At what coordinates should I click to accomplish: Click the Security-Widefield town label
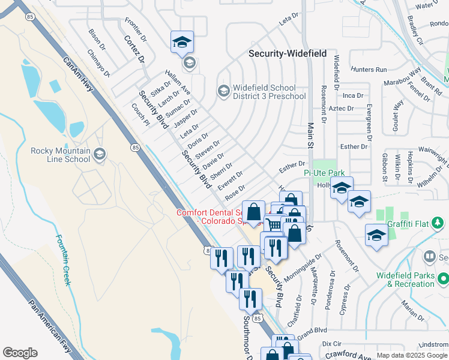[288, 53]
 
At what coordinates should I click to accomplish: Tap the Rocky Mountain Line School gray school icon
[99, 155]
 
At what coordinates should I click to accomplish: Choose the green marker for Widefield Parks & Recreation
[443, 278]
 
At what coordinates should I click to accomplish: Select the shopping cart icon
[274, 225]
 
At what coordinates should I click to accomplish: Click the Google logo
[20, 353]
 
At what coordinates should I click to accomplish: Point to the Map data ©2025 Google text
[412, 355]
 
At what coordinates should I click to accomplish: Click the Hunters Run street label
[370, 70]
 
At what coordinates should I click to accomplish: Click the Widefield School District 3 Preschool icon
[223, 91]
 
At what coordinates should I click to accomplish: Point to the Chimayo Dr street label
[98, 63]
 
